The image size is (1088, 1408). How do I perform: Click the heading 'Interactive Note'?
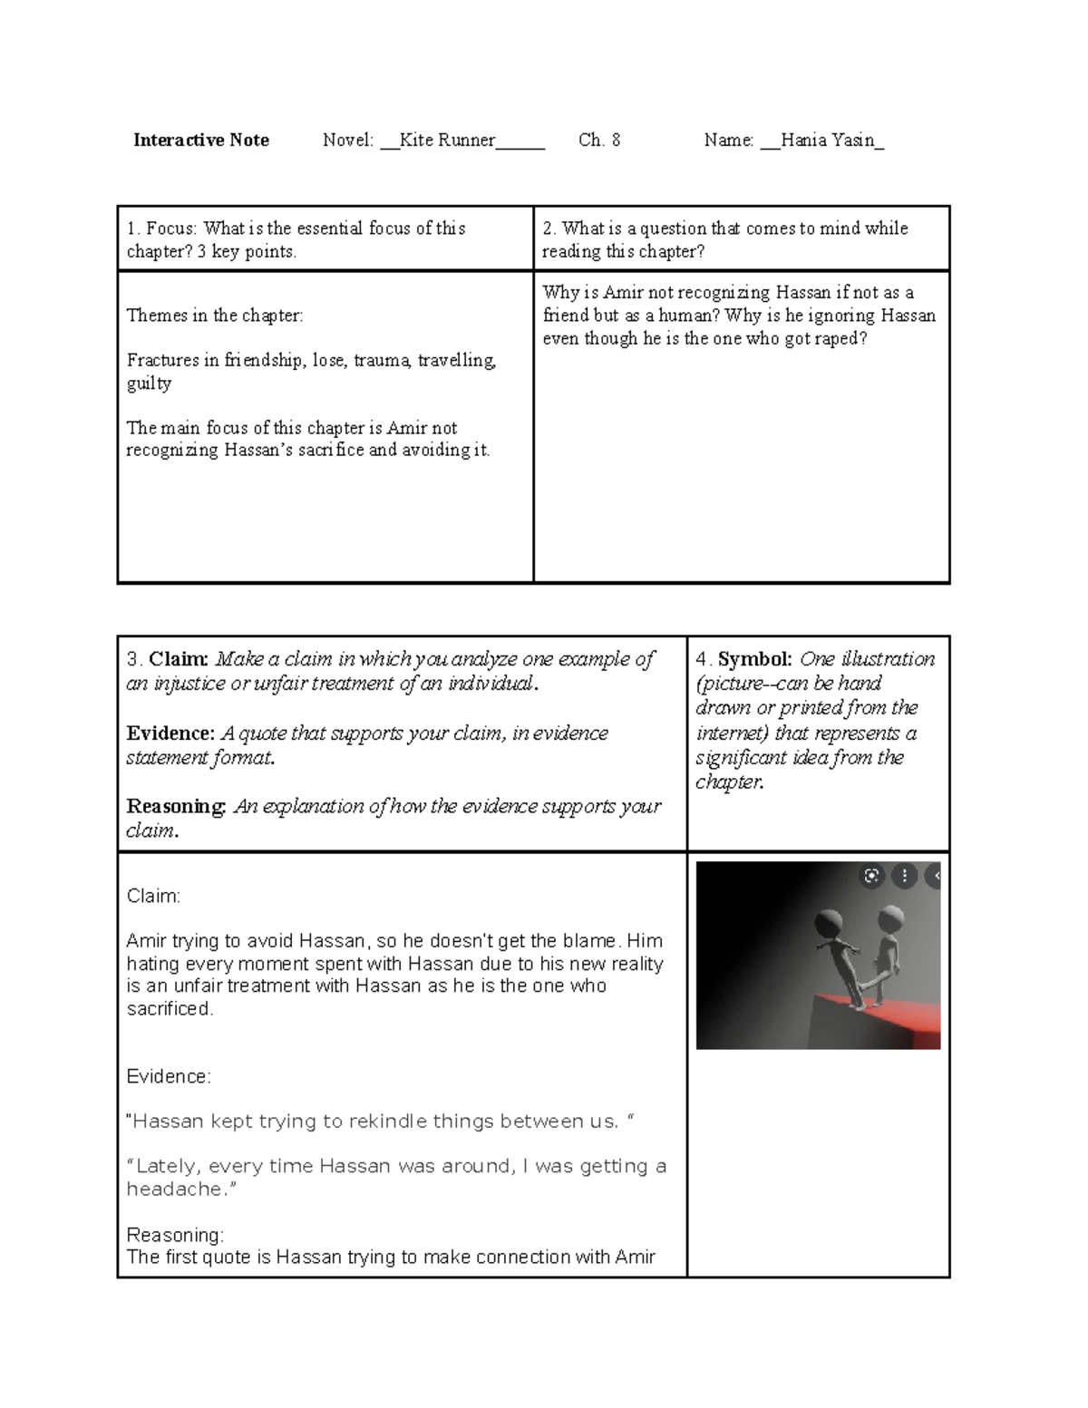(200, 140)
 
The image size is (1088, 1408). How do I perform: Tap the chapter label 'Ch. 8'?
(599, 140)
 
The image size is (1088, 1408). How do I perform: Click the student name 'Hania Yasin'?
(827, 140)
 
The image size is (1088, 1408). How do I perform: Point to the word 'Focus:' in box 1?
(171, 228)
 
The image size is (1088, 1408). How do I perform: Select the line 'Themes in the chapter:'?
(215, 316)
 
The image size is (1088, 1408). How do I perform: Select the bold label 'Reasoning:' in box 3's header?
(177, 806)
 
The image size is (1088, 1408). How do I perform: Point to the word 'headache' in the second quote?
(174, 1189)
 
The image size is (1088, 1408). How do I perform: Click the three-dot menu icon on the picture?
(904, 876)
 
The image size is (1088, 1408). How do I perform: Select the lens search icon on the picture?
(871, 876)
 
